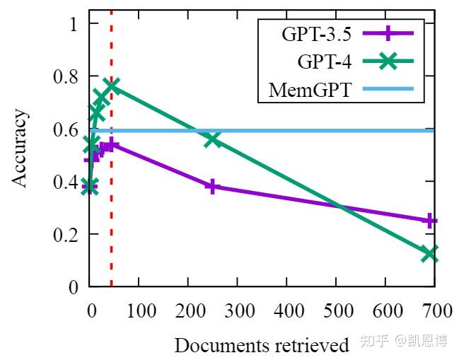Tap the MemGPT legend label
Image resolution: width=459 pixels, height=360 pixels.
pyautogui.click(x=310, y=91)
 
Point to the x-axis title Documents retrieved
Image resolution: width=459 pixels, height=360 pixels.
pyautogui.click(x=262, y=345)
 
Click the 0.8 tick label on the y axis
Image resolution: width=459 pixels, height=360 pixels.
pyautogui.click(x=62, y=76)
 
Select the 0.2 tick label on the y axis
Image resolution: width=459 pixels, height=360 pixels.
pyautogui.click(x=62, y=234)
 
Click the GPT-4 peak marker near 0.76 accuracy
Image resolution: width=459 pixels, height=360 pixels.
pyautogui.click(x=112, y=86)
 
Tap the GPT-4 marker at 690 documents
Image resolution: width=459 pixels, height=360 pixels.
pyautogui.click(x=429, y=254)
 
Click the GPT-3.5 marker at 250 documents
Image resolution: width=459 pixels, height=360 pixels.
pyautogui.click(x=213, y=187)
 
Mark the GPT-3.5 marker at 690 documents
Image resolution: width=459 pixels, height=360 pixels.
pyautogui.click(x=429, y=221)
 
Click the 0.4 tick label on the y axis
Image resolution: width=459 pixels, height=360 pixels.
pyautogui.click(x=62, y=182)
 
